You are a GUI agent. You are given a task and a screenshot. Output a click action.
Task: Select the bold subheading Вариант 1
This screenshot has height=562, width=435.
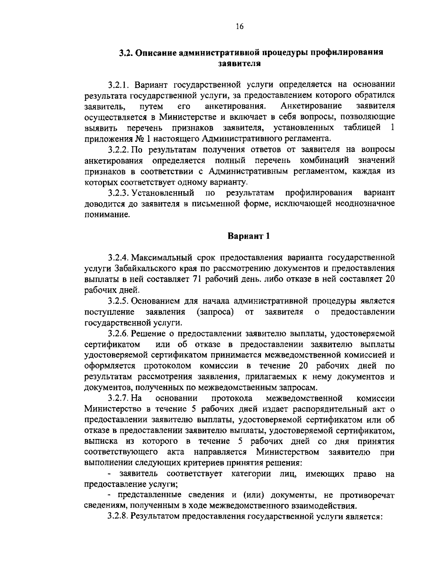tap(249, 236)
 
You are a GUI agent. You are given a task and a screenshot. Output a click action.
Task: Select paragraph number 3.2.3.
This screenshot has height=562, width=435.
tap(119, 192)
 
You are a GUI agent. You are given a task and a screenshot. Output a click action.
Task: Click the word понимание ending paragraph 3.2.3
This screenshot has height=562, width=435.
tap(107, 214)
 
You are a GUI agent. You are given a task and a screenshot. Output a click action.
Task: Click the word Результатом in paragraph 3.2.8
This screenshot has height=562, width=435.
tap(153, 517)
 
